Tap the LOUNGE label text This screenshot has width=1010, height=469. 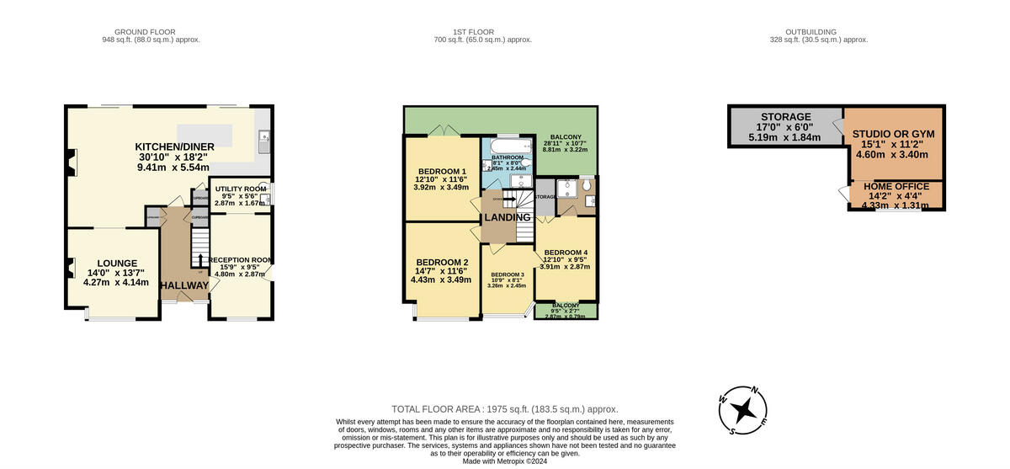(116, 263)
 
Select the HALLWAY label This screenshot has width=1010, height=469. (184, 285)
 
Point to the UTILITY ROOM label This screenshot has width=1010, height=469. (241, 189)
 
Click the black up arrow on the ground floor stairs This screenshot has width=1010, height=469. (200, 257)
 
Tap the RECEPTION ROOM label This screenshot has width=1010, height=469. (241, 260)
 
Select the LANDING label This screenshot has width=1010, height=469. (508, 217)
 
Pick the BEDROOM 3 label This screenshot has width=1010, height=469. (508, 274)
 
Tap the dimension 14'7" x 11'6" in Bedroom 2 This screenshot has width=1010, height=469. (443, 270)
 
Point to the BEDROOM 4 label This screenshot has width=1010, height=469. (566, 253)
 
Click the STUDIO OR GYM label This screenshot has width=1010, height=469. (893, 134)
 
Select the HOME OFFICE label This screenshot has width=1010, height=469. (896, 187)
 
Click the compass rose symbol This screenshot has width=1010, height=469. (743, 410)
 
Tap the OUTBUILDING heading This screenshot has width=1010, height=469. (818, 32)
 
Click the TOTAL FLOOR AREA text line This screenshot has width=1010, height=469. (505, 408)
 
